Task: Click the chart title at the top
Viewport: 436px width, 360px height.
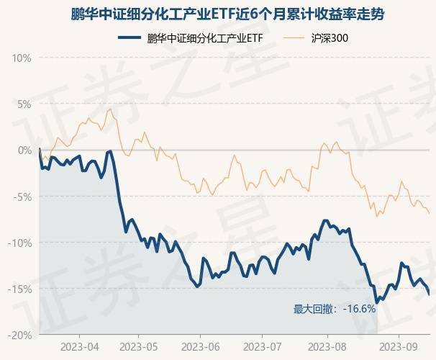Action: [218, 14]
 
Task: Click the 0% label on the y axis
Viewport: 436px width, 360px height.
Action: [25, 150]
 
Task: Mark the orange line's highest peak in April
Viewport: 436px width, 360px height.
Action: [108, 109]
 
